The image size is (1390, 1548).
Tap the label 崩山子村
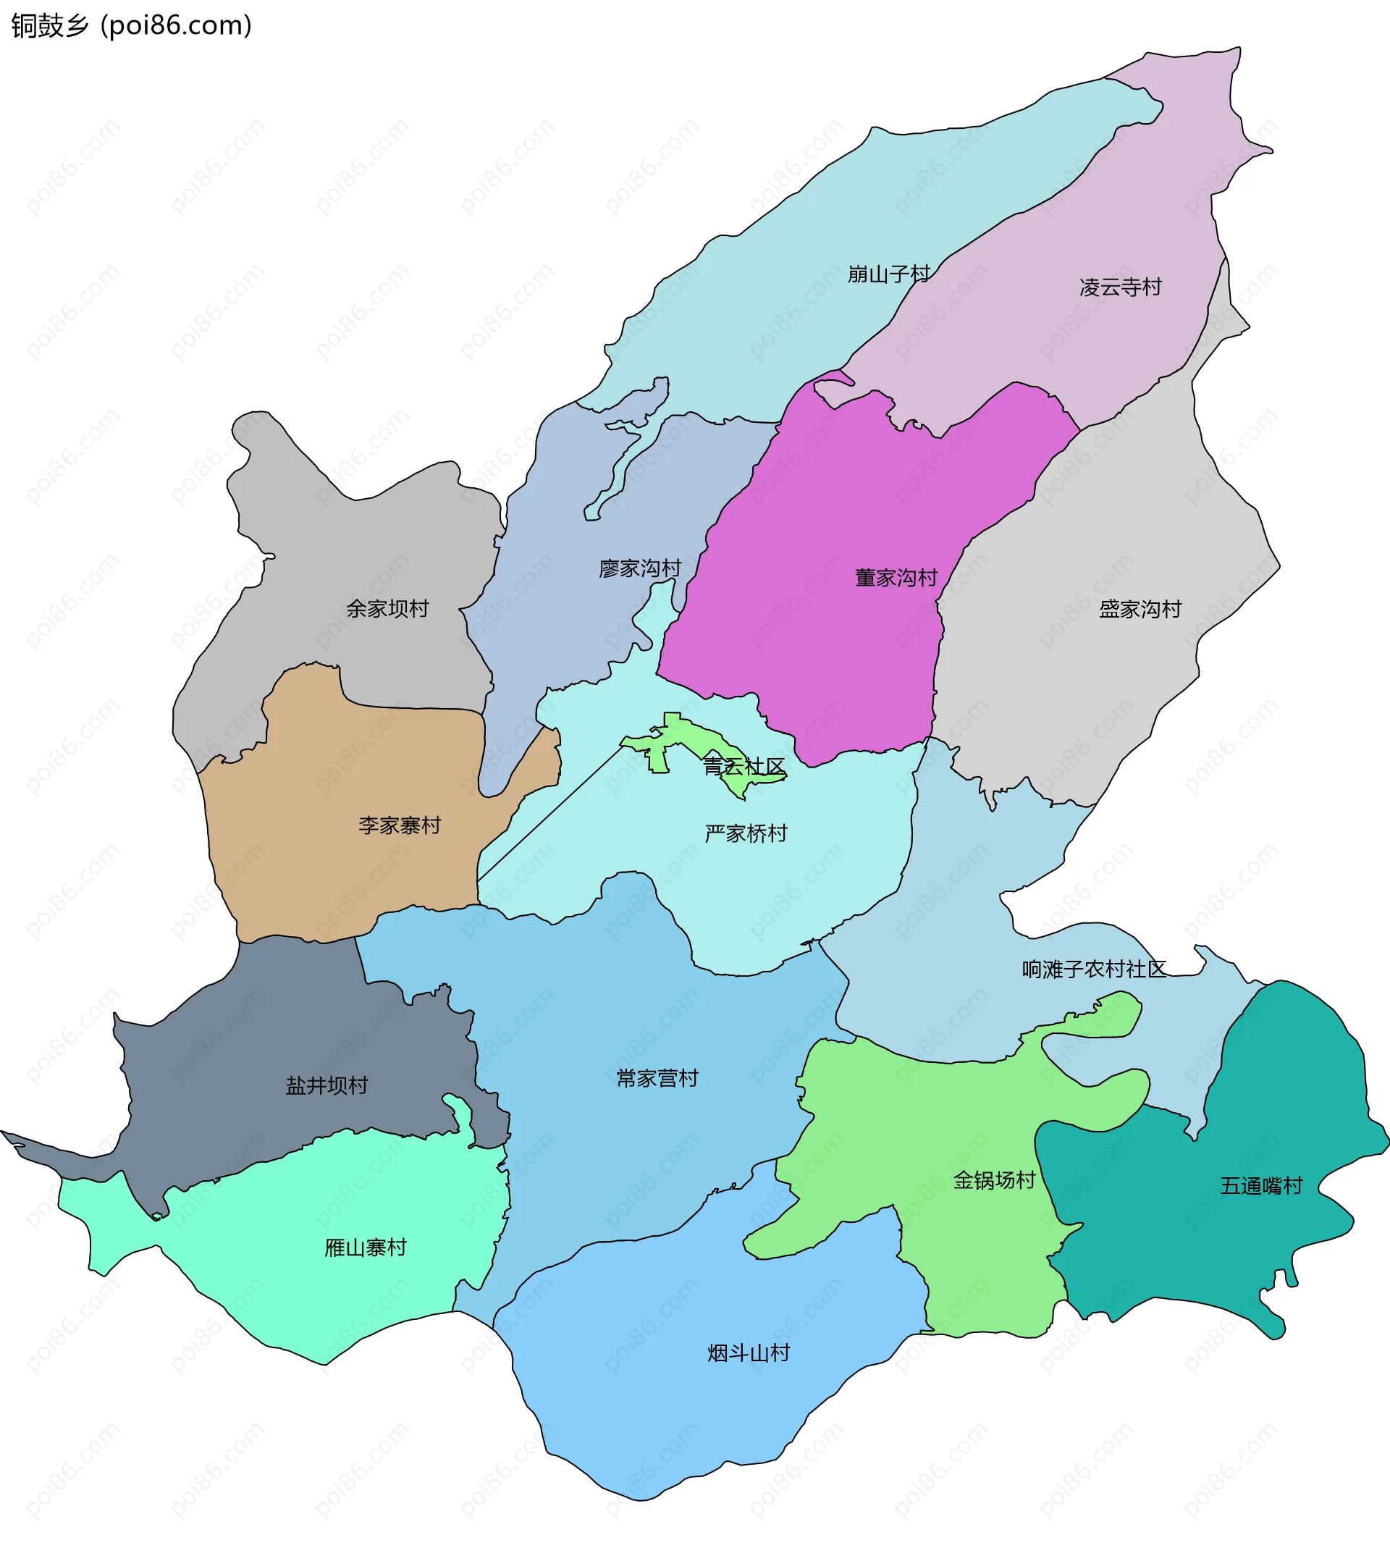pyautogui.click(x=889, y=274)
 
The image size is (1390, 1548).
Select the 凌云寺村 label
pyautogui.click(x=1121, y=287)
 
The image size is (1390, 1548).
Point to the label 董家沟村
pyautogui.click(x=896, y=577)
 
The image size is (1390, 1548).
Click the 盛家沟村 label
pyautogui.click(x=1140, y=609)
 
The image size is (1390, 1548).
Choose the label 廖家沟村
pyautogui.click(x=640, y=568)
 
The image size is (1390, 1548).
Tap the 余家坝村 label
pyautogui.click(x=387, y=609)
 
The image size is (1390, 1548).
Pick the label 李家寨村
pyautogui.click(x=400, y=825)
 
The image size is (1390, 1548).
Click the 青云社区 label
pyautogui.click(x=744, y=766)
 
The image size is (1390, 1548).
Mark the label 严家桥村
pyautogui.click(x=746, y=833)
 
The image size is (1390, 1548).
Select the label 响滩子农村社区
pyautogui.click(x=1094, y=969)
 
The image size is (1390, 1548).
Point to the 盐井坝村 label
pyautogui.click(x=327, y=1085)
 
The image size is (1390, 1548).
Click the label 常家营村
pyautogui.click(x=657, y=1078)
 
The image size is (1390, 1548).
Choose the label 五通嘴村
pyautogui.click(x=1261, y=1186)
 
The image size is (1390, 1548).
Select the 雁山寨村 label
pyautogui.click(x=366, y=1248)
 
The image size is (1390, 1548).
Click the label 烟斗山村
pyautogui.click(x=749, y=1353)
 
